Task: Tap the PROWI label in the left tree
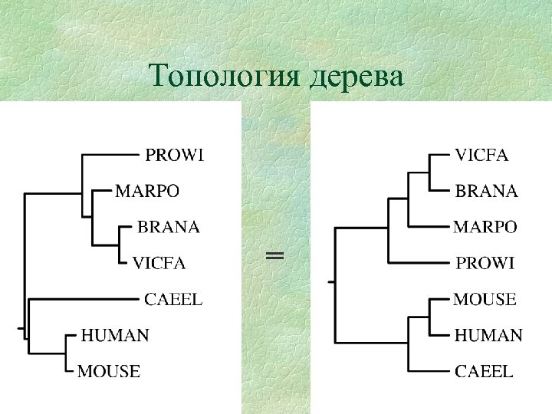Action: [175, 156]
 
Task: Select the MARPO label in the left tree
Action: [147, 191]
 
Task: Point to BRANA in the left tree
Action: [168, 227]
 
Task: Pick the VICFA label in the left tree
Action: [159, 263]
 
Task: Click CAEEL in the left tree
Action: [174, 299]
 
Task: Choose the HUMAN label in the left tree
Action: [115, 335]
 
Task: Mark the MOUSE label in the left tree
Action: [109, 372]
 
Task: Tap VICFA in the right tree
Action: [482, 156]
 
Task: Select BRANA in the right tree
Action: [487, 191]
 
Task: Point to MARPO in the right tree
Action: [485, 227]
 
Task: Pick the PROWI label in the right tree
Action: [485, 263]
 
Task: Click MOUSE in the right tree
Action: [485, 299]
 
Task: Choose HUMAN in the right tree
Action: [488, 335]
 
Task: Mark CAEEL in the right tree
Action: [484, 372]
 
